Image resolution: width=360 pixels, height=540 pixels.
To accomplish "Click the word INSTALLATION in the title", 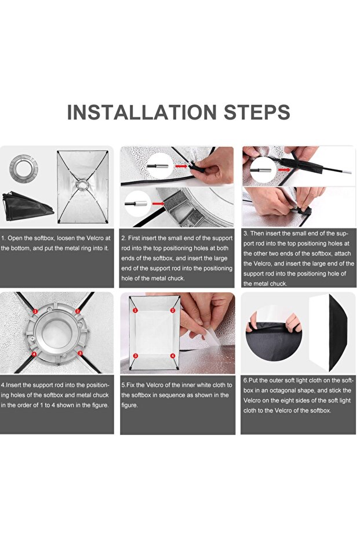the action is point(142,113).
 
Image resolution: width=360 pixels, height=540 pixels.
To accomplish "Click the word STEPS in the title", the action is point(257,113).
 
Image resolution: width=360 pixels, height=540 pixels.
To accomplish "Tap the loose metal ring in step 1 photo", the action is point(23,169).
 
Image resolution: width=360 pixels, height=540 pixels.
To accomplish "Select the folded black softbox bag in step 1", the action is point(27,206).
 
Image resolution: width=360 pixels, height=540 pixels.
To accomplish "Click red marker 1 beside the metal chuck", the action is point(35,311).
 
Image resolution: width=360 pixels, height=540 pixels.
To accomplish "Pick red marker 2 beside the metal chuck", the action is point(78,311).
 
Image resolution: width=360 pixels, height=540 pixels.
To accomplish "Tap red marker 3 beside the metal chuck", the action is point(80,353).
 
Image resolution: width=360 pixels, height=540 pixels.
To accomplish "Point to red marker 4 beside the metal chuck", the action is point(34,354).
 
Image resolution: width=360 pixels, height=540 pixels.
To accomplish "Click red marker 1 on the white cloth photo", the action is point(135,310).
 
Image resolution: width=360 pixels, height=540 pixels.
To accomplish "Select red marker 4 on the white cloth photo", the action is point(173,356).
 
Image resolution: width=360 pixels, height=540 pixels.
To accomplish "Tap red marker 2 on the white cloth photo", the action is point(173,310).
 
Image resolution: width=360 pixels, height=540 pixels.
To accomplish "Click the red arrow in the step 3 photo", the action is point(284,169).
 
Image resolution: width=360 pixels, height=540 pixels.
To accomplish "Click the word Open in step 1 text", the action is point(15,238).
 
